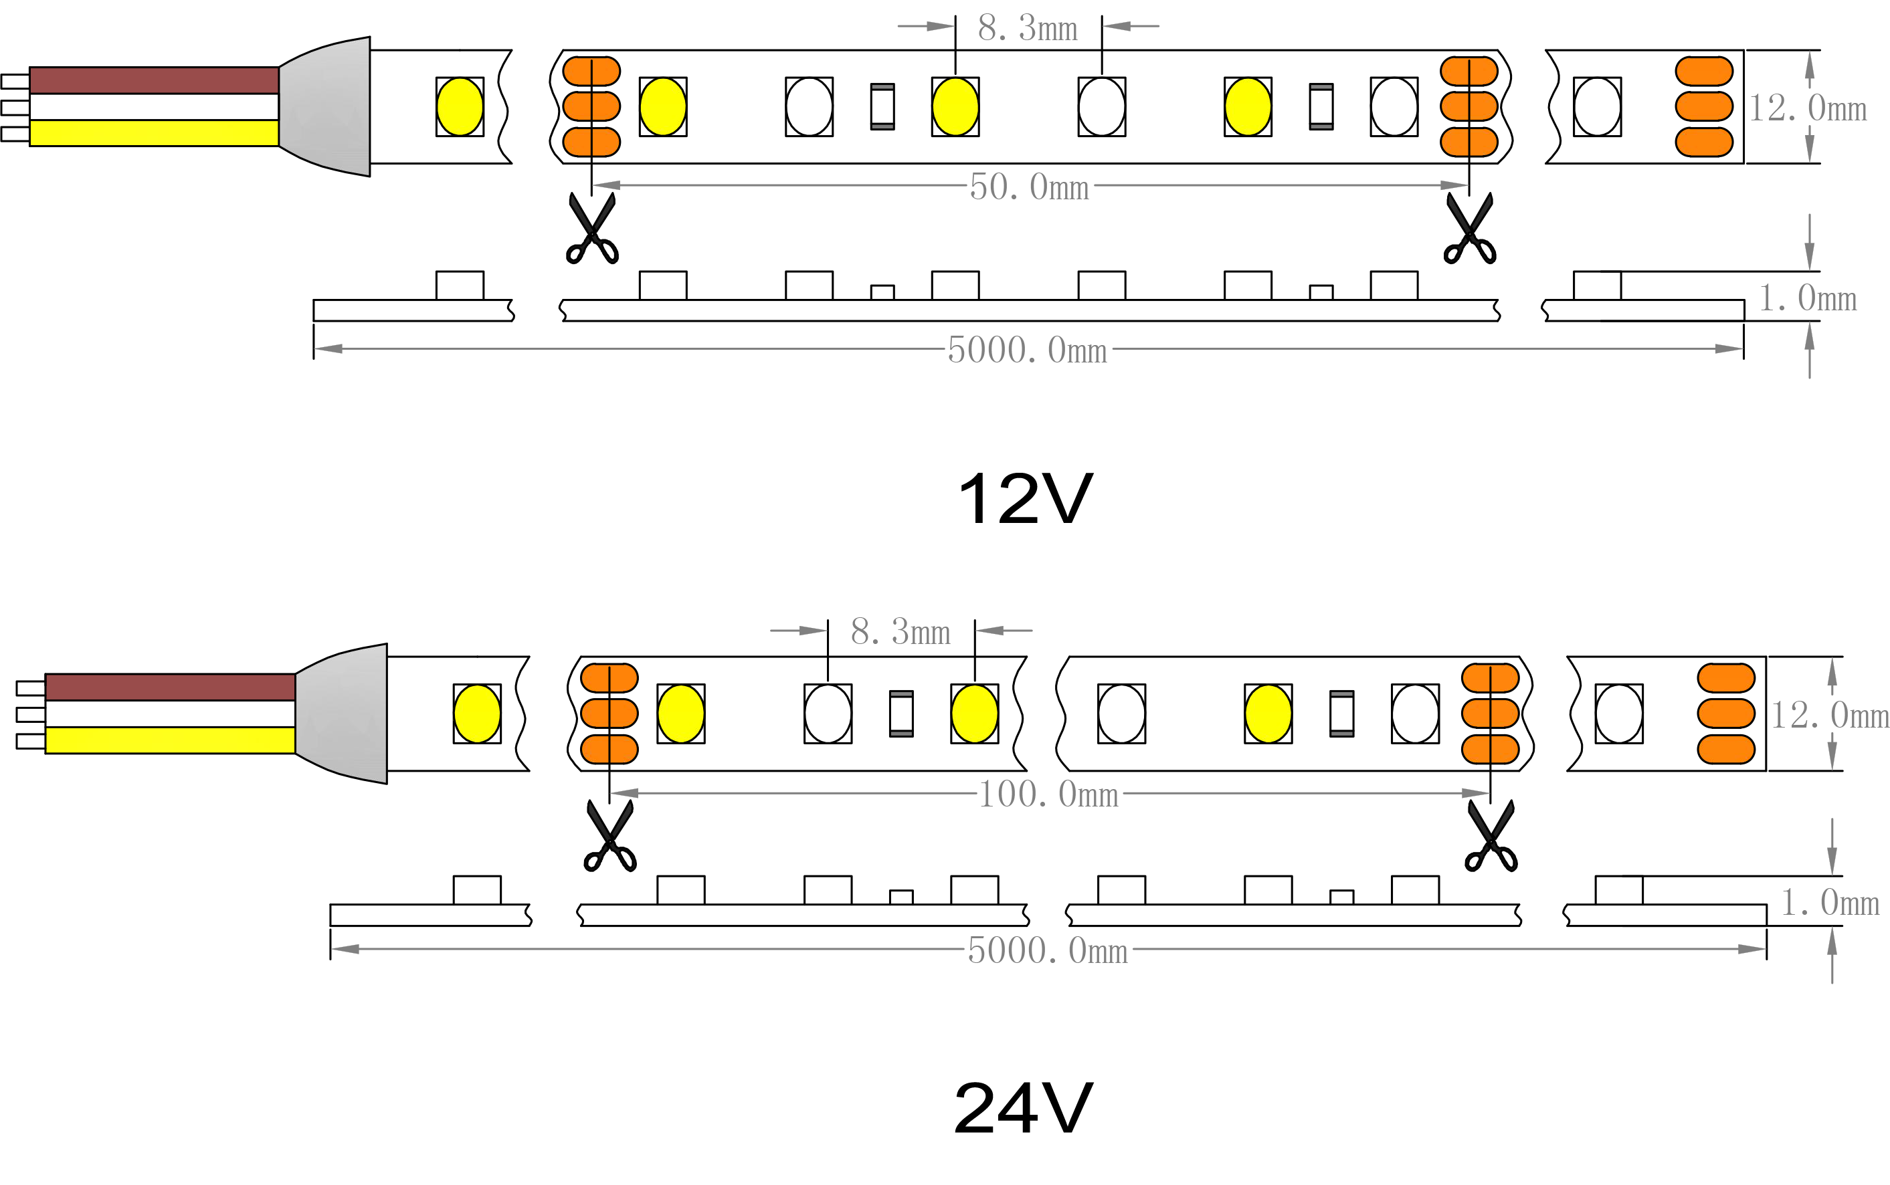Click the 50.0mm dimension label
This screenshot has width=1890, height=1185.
1028,187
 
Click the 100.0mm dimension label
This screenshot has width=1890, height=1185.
1048,794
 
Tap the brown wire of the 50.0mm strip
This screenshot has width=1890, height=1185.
154,80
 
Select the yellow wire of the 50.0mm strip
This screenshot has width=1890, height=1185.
154,132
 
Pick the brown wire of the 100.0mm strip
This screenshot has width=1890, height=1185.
170,687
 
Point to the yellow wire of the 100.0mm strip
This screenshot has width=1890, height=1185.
170,740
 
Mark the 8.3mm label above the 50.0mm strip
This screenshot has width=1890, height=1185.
1027,28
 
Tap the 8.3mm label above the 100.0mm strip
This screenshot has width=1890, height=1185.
900,632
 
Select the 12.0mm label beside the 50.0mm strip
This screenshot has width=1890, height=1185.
1807,108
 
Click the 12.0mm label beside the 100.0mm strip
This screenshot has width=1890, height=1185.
1829,715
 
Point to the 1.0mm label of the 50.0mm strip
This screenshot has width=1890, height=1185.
1807,298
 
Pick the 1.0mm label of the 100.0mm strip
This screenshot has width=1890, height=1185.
1830,903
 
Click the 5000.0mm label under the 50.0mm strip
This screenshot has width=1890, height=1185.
1027,350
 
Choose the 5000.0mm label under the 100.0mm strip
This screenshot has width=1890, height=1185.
1047,950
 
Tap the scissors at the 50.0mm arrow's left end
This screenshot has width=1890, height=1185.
592,229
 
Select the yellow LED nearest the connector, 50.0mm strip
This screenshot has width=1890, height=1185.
460,106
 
